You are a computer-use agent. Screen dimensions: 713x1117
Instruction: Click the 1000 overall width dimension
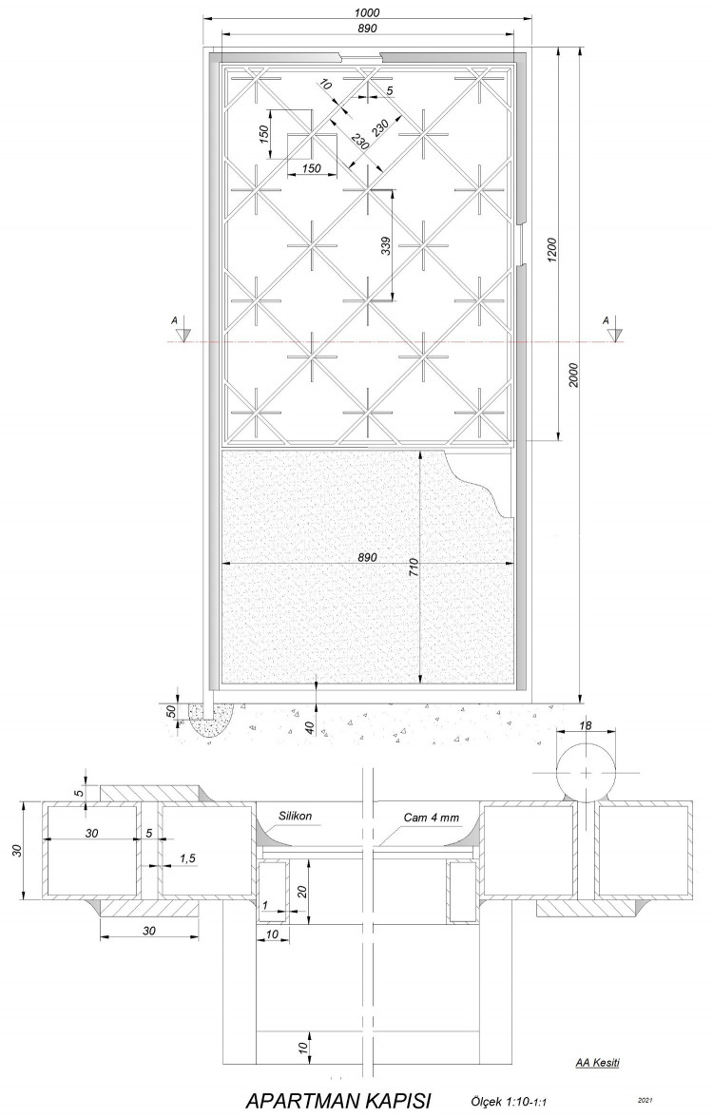[x=369, y=12]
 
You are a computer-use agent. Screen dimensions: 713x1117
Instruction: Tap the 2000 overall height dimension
[x=574, y=375]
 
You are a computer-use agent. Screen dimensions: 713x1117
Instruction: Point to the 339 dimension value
[x=386, y=246]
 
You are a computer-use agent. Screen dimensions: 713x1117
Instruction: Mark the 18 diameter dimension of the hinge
[x=586, y=725]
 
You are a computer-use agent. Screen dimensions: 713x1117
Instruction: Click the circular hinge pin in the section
[x=586, y=773]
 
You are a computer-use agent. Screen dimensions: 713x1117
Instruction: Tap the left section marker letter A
[x=173, y=321]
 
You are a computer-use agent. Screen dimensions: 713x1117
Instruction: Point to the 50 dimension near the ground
[x=171, y=712]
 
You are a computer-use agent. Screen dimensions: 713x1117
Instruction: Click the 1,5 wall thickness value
[x=187, y=859]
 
